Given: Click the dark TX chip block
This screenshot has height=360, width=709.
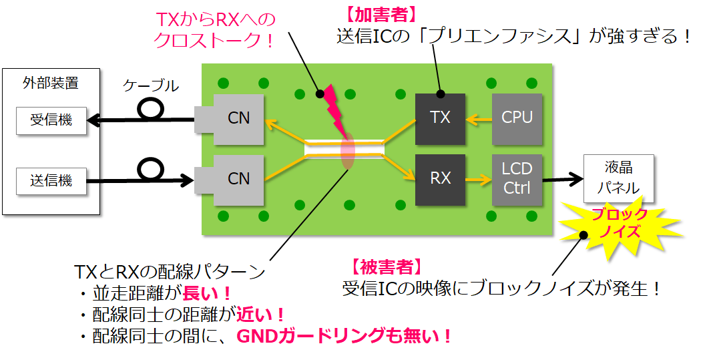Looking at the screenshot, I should tap(440, 119).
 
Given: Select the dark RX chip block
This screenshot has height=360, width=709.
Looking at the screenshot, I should tap(440, 179).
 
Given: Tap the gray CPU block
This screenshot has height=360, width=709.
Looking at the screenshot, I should tap(517, 119).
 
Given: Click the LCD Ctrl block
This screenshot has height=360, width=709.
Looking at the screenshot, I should tap(517, 179).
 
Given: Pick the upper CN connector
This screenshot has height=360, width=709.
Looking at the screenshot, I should tap(238, 119).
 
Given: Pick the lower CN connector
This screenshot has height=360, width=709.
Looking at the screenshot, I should tap(238, 179).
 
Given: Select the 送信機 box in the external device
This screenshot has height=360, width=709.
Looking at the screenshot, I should tap(51, 180).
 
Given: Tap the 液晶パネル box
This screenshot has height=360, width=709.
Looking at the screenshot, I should tap(618, 178).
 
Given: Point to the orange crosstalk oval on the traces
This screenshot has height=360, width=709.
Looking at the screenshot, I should tap(348, 151).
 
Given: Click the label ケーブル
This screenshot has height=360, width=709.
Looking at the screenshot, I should tap(151, 85).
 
